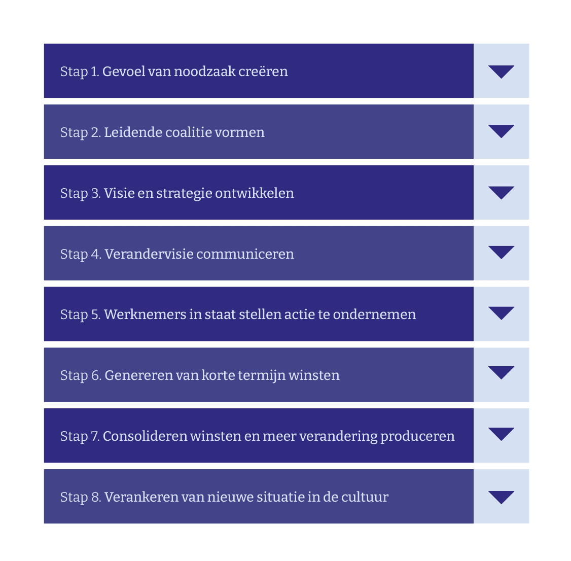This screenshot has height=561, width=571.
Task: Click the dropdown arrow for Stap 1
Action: pyautogui.click(x=501, y=72)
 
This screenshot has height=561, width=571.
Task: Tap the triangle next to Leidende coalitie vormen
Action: pyautogui.click(x=501, y=131)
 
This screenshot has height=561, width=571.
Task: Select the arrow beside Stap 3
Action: pyautogui.click(x=501, y=193)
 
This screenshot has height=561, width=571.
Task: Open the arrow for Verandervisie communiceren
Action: pyautogui.click(x=501, y=253)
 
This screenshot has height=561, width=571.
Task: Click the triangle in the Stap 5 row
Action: pyautogui.click(x=501, y=313)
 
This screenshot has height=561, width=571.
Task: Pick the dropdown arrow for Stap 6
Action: pyautogui.click(x=501, y=373)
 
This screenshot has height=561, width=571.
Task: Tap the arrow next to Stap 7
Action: pyautogui.click(x=501, y=434)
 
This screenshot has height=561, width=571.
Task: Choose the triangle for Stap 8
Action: pyautogui.click(x=501, y=498)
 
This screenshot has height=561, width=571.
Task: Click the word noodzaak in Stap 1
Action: pyautogui.click(x=205, y=72)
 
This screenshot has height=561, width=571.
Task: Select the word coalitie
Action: pyautogui.click(x=189, y=132)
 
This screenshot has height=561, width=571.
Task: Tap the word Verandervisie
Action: pyautogui.click(x=149, y=254)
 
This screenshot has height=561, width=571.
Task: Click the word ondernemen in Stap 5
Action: pyautogui.click(x=374, y=314)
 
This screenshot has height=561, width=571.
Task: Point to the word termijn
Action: pyautogui.click(x=262, y=375)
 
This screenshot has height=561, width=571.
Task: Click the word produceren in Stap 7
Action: pyautogui.click(x=417, y=436)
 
